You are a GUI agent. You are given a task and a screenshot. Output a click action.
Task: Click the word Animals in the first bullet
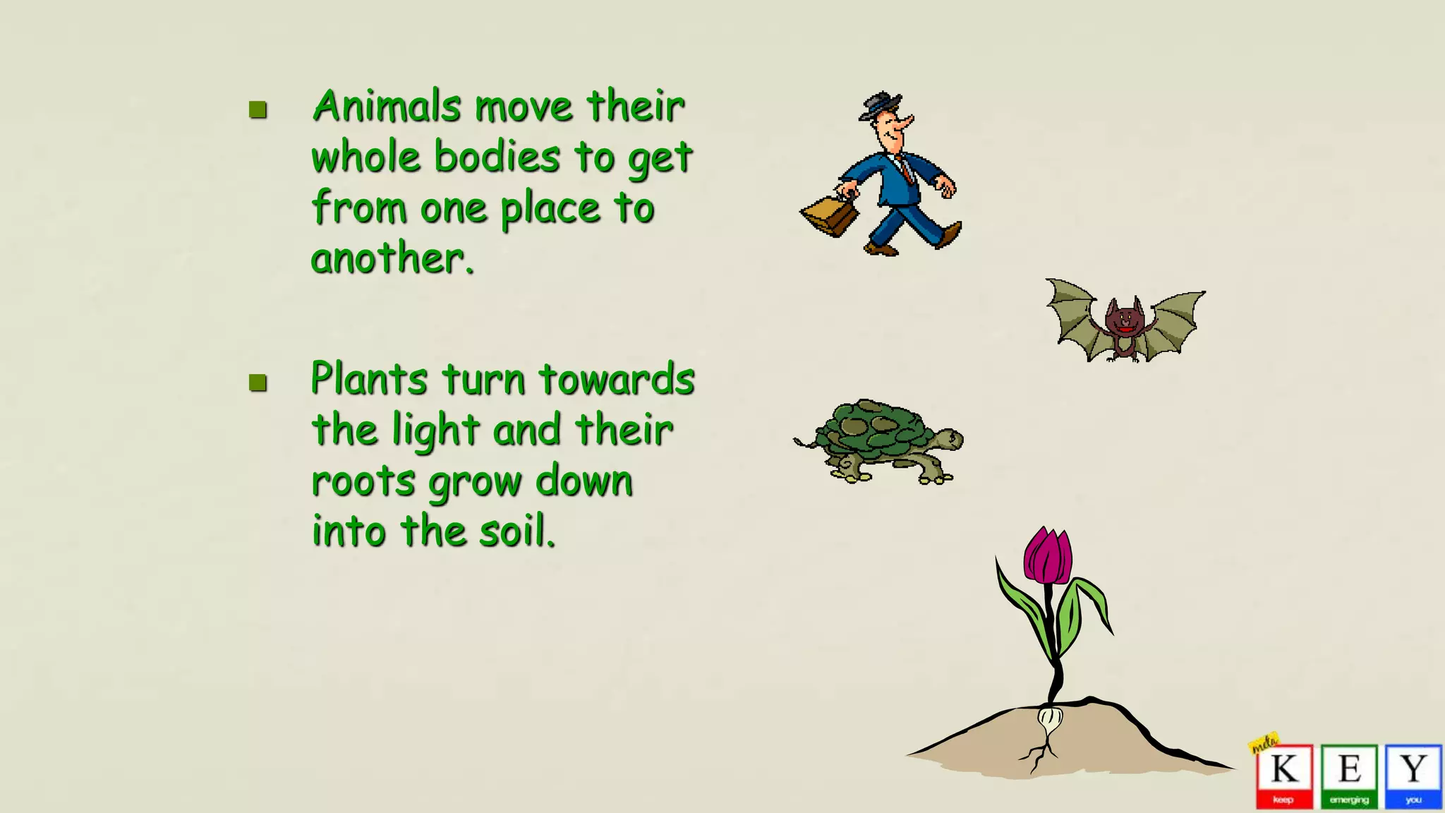pyautogui.click(x=387, y=107)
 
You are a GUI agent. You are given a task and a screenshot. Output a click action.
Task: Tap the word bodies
pyautogui.click(x=497, y=157)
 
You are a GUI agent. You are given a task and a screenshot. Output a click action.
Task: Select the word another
pyautogui.click(x=392, y=259)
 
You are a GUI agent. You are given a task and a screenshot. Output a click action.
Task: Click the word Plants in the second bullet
pyautogui.click(x=369, y=379)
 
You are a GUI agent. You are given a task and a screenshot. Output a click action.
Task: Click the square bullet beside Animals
pyautogui.click(x=258, y=109)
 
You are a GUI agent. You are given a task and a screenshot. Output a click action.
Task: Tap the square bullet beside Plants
pyautogui.click(x=258, y=383)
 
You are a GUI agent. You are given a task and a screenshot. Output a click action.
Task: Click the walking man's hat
pyautogui.click(x=879, y=104)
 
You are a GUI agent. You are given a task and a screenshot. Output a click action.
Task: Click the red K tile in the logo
pyautogui.click(x=1284, y=775)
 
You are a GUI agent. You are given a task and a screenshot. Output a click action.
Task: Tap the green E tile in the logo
pyautogui.click(x=1349, y=775)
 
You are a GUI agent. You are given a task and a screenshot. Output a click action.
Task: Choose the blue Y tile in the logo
pyautogui.click(x=1413, y=775)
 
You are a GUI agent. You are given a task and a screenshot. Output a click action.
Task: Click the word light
pyautogui.click(x=436, y=431)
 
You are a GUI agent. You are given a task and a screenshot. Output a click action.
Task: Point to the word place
pyautogui.click(x=550, y=210)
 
